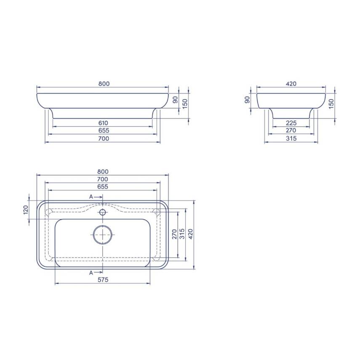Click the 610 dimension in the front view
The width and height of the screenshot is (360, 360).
click(x=103, y=123)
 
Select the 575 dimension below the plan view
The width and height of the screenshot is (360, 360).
click(x=103, y=280)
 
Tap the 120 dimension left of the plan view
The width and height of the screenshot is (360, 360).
click(x=26, y=210)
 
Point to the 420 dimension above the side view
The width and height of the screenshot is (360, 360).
click(x=291, y=84)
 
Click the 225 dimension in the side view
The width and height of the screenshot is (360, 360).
click(x=291, y=123)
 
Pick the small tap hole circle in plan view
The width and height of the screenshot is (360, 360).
click(x=103, y=212)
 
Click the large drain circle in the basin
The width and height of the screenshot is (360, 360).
click(x=103, y=235)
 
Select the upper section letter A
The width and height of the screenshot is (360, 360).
click(x=91, y=197)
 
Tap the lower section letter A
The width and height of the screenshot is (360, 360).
click(x=91, y=272)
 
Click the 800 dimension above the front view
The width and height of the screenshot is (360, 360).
click(x=104, y=84)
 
